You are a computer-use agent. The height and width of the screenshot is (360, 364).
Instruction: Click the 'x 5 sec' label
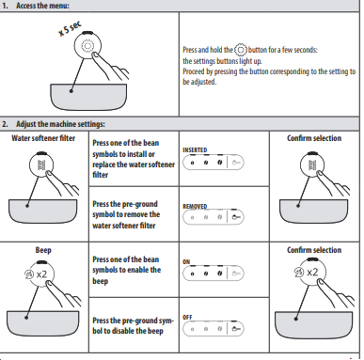click(x=70, y=28)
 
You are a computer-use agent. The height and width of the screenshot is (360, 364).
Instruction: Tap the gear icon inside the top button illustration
click(x=87, y=46)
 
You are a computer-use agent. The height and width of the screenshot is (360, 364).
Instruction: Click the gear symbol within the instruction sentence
click(x=241, y=50)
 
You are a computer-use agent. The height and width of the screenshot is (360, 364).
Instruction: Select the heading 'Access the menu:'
click(x=42, y=6)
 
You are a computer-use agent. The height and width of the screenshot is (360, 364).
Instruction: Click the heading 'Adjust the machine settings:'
click(x=60, y=124)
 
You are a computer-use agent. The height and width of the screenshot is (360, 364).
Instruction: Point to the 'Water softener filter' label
click(x=43, y=138)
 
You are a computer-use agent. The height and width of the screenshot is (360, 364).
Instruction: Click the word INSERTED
click(x=195, y=150)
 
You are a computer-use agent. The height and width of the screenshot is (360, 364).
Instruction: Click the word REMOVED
click(x=195, y=207)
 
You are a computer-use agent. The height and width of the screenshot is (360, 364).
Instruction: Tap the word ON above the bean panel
click(x=186, y=261)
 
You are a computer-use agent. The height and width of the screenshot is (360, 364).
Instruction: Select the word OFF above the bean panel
click(x=187, y=317)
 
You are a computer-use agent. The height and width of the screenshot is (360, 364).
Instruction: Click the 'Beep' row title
click(x=43, y=250)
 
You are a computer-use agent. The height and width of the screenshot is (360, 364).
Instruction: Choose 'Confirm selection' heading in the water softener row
click(x=314, y=138)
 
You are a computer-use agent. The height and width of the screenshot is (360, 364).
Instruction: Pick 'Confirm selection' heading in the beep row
click(x=314, y=250)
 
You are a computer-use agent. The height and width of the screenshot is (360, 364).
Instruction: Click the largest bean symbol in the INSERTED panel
click(x=220, y=163)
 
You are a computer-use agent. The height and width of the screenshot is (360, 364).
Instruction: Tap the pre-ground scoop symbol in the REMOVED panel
click(x=236, y=217)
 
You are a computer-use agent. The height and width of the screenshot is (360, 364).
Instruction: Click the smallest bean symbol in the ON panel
click(x=192, y=274)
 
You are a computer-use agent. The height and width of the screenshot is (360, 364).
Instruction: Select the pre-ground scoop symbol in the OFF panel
click(x=236, y=329)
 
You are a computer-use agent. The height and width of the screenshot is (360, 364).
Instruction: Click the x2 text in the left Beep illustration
click(x=41, y=274)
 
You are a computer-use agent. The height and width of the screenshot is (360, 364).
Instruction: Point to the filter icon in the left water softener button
click(x=41, y=164)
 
